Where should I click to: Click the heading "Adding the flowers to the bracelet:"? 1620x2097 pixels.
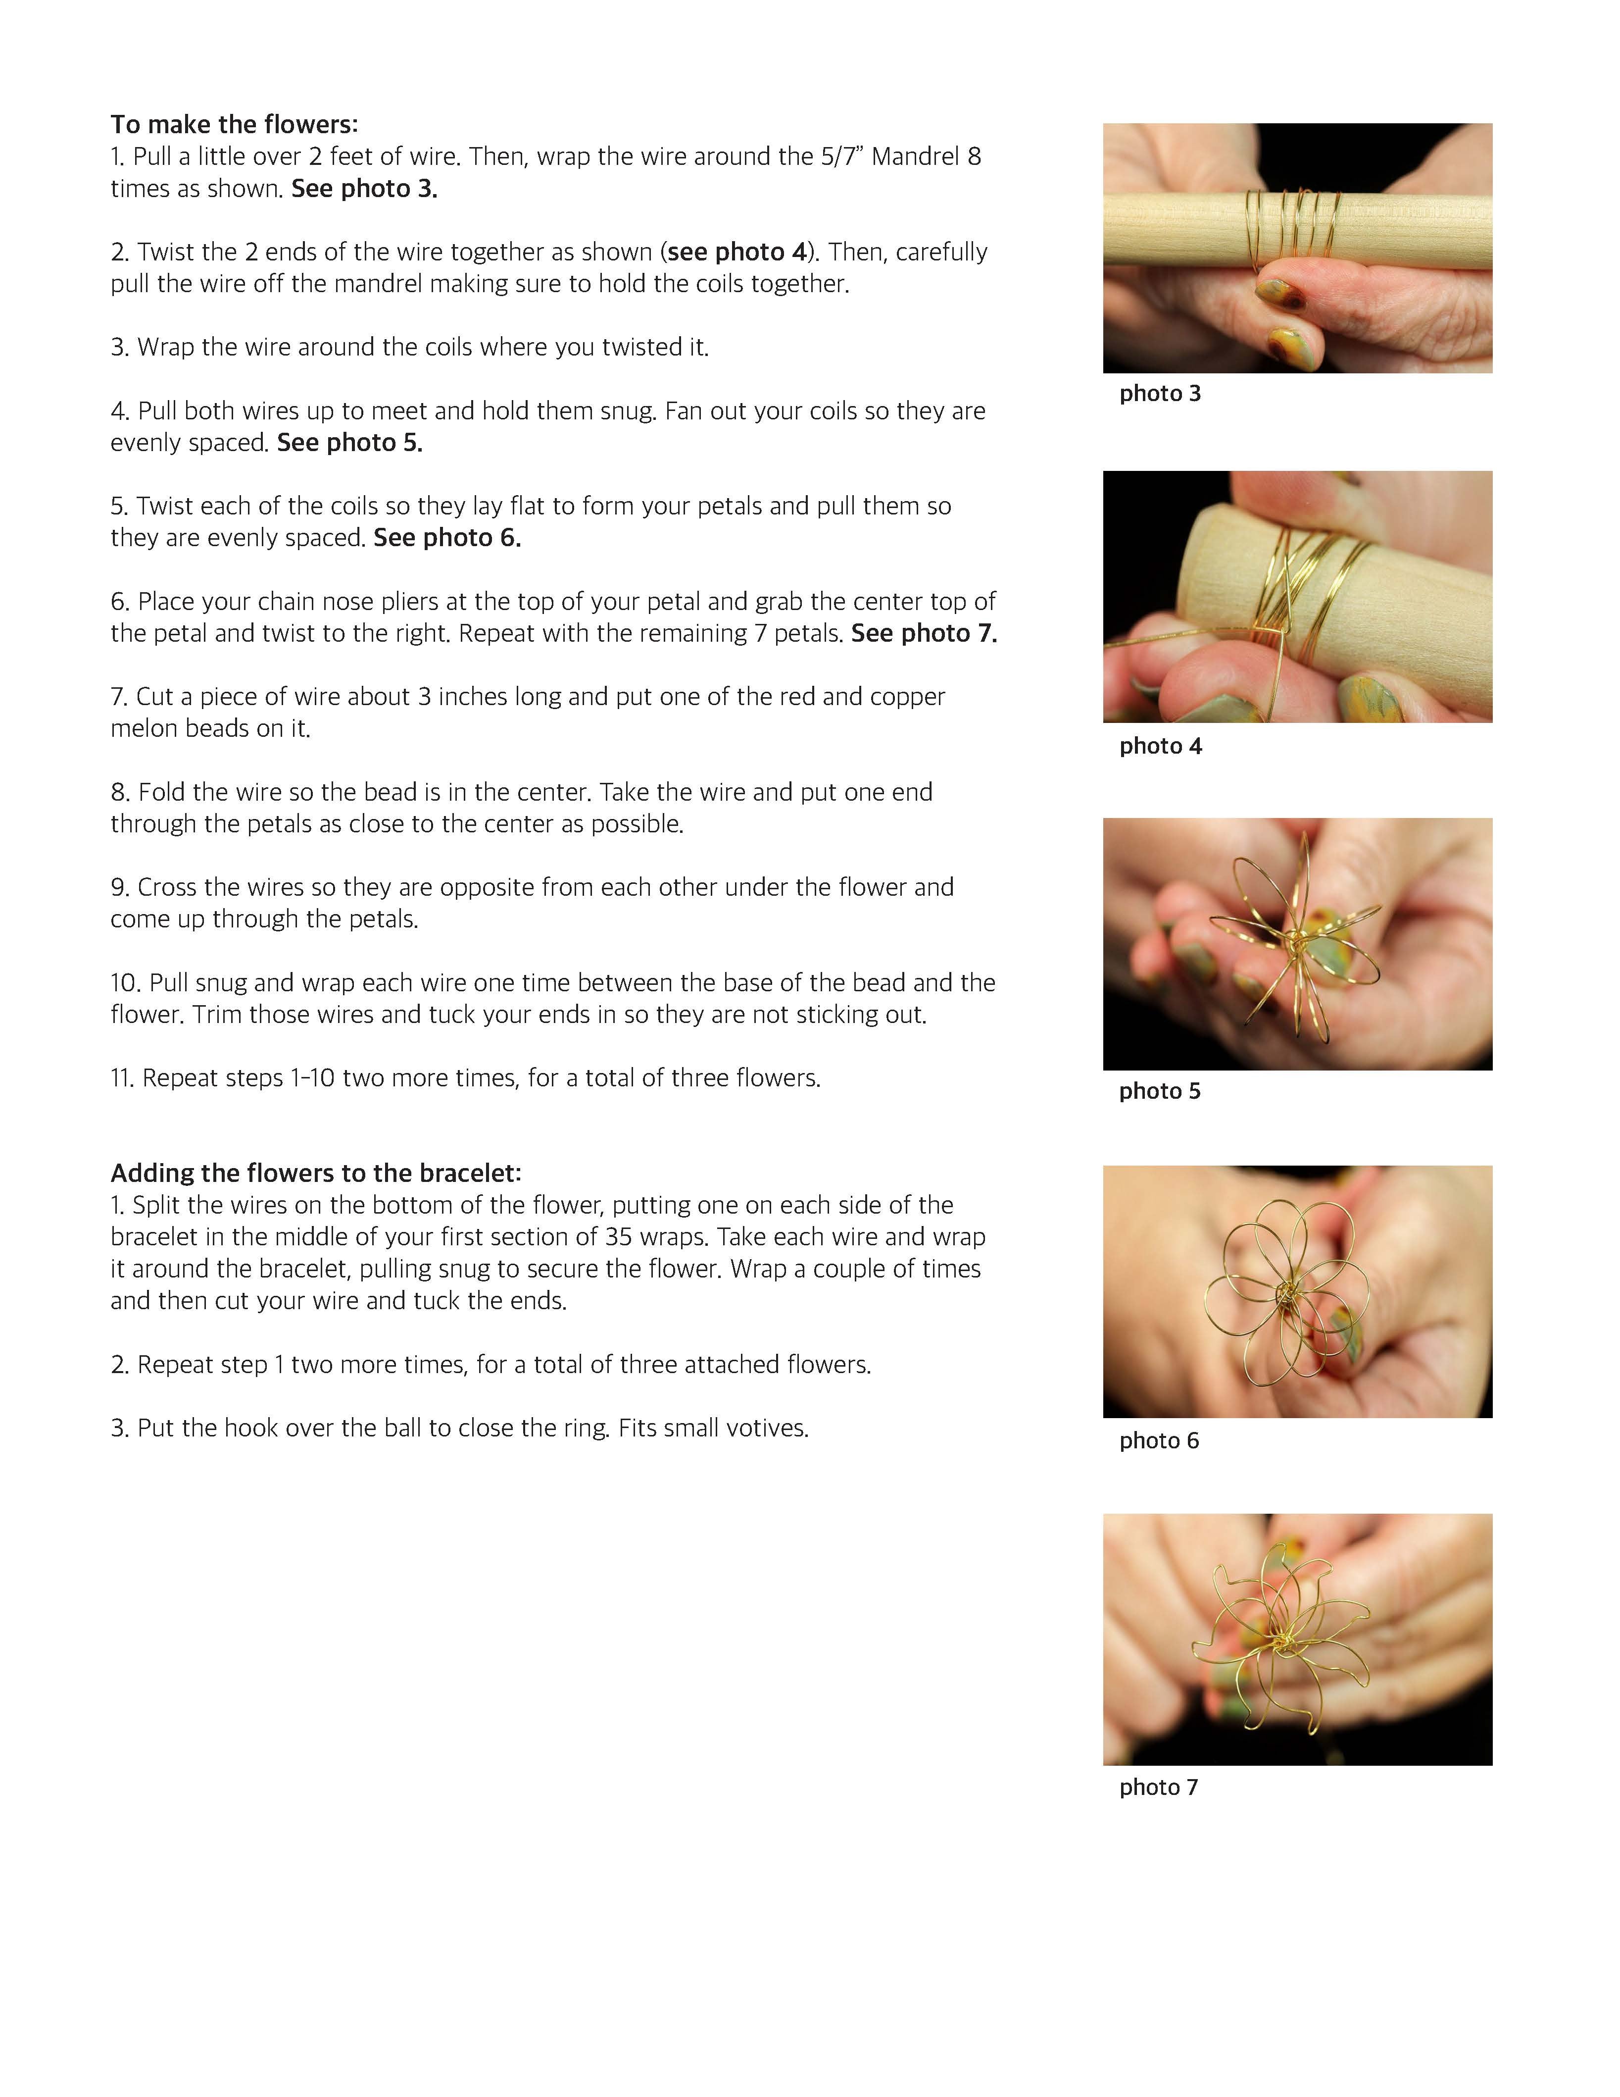[x=316, y=1174]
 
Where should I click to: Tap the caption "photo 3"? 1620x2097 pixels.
[x=1160, y=394]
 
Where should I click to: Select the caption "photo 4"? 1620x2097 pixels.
[x=1160, y=746]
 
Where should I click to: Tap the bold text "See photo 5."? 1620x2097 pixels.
[x=350, y=443]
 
